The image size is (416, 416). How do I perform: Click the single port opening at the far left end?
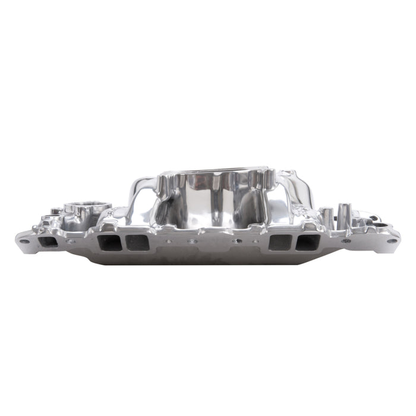49,242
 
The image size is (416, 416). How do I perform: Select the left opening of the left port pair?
108,242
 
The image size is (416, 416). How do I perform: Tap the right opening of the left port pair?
137,242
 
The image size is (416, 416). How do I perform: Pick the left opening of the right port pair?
280,242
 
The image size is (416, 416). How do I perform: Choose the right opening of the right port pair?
308,242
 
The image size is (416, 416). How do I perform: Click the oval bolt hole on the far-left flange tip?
24,241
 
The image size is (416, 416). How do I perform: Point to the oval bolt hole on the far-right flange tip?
391,241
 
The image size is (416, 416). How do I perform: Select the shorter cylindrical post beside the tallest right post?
327,217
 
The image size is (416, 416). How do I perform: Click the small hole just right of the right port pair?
346,241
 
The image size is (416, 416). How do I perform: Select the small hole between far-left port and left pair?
72,241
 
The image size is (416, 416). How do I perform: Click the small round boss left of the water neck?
55,211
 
